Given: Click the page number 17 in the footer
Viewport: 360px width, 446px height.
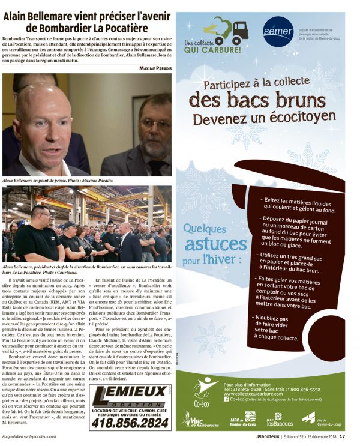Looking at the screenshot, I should coord(342,436).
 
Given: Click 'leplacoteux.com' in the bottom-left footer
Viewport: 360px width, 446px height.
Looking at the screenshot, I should coord(57,436).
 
